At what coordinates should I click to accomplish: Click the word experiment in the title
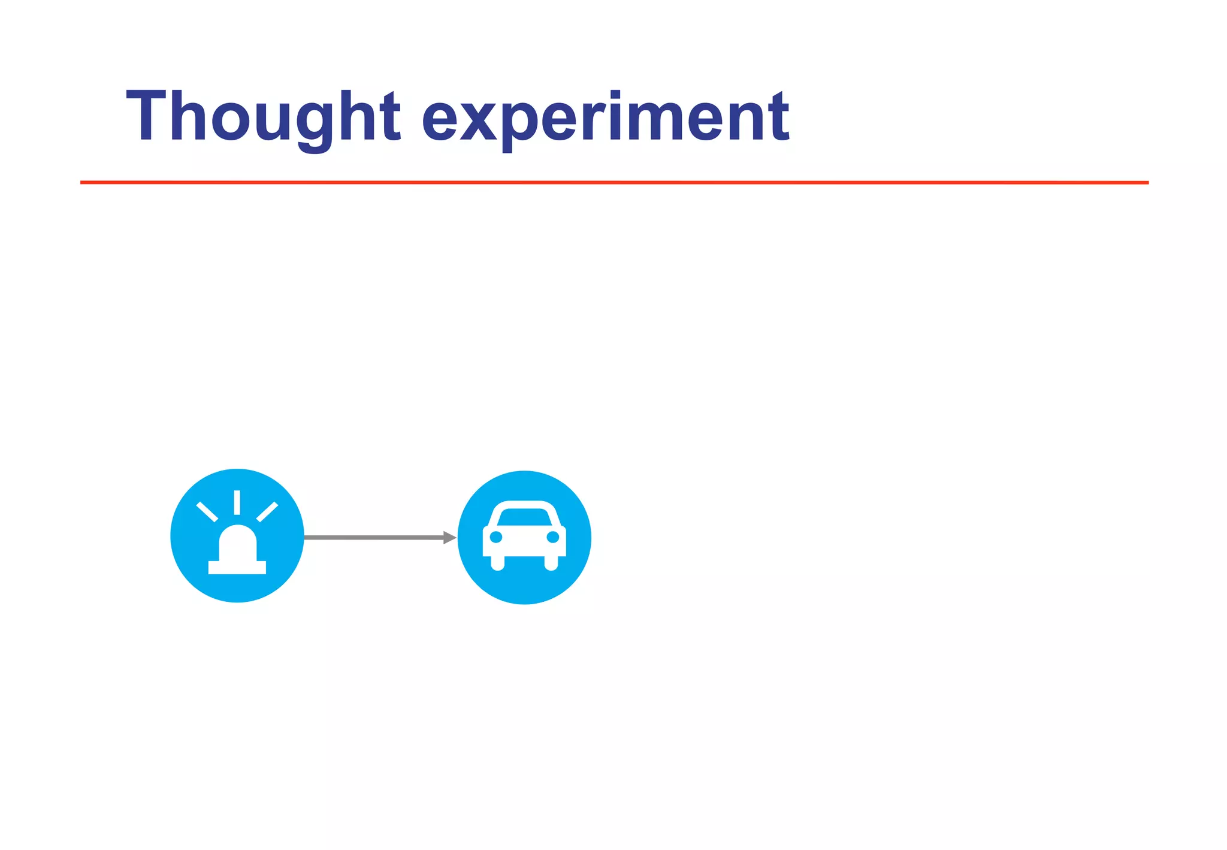point(606,117)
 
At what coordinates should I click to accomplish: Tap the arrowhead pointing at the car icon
point(449,538)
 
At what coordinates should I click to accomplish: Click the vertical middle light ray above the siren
point(237,502)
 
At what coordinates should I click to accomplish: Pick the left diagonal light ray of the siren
point(207,512)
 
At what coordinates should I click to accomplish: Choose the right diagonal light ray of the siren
point(267,512)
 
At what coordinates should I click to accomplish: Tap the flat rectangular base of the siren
point(237,567)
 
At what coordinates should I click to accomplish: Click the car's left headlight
point(496,536)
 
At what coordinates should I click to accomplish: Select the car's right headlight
point(553,536)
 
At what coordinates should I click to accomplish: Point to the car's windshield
point(524,517)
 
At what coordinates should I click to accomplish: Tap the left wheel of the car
point(498,563)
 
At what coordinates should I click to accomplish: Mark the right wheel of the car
point(551,563)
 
